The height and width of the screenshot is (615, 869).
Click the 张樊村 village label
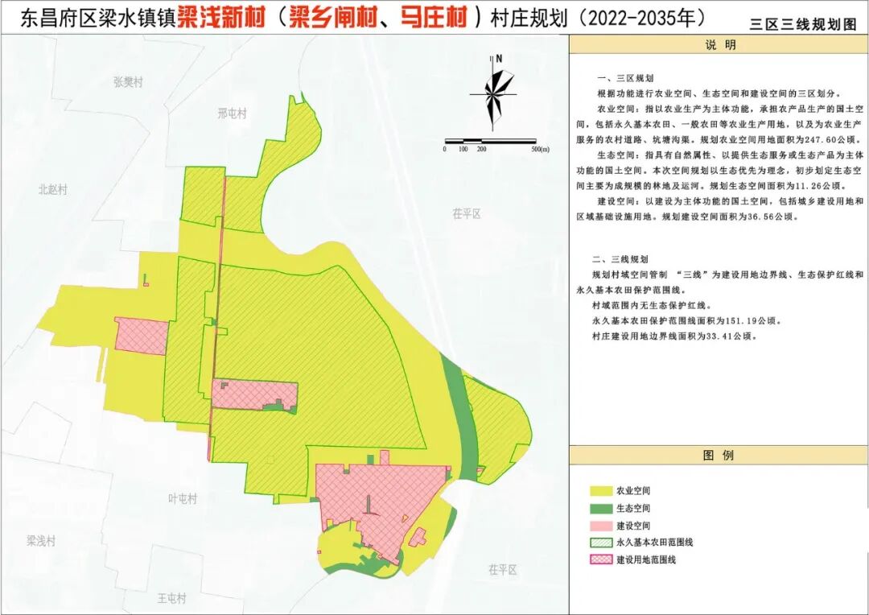click(128, 82)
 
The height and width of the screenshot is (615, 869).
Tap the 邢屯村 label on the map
click(232, 114)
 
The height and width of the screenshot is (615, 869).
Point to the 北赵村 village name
click(53, 190)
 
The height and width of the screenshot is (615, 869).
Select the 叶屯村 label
click(183, 499)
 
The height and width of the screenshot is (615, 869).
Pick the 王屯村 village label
click(171, 598)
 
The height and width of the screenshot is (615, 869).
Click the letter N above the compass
click(499, 58)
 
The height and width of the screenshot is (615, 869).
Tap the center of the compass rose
click(493, 94)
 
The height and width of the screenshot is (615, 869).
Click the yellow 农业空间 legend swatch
click(601, 490)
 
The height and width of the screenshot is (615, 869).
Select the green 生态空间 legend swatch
click(601, 508)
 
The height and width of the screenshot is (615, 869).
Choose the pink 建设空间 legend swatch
click(601, 525)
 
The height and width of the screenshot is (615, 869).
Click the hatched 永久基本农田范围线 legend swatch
click(601, 542)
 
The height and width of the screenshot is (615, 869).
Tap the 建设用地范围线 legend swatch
click(601, 559)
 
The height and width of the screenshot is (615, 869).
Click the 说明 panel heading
click(719, 46)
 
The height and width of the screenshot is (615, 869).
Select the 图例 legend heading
click(719, 456)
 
